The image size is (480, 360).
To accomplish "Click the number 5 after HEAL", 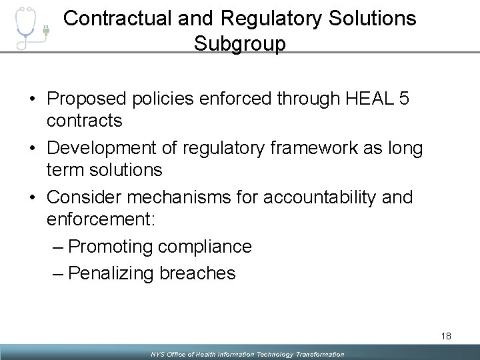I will pos(403,99).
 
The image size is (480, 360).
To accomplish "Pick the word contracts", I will pos(85,121).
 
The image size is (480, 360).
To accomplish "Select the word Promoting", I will pos(111,247).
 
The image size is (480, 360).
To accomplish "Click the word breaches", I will pos(197,273).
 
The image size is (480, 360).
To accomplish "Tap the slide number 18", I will pos(445,336).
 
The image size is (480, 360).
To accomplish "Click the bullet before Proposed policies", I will pos(33,99).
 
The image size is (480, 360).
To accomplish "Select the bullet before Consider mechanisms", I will pos(33,198).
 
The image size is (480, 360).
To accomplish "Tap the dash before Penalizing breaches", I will pos(58,273).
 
